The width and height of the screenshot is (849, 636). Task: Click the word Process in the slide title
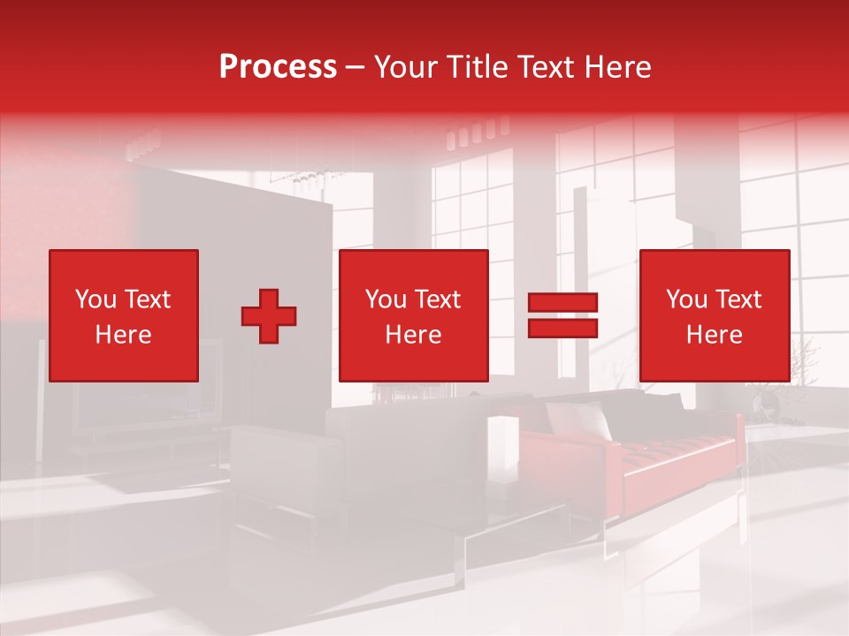tap(278, 67)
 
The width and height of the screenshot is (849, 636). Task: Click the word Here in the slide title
tap(618, 67)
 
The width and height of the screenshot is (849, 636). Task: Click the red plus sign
tap(269, 316)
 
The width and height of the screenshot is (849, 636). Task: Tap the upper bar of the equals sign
tap(563, 303)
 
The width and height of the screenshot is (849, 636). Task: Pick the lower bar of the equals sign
tap(563, 328)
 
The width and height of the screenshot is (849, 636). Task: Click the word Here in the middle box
tap(414, 335)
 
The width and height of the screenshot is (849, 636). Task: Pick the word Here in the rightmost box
tap(715, 335)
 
